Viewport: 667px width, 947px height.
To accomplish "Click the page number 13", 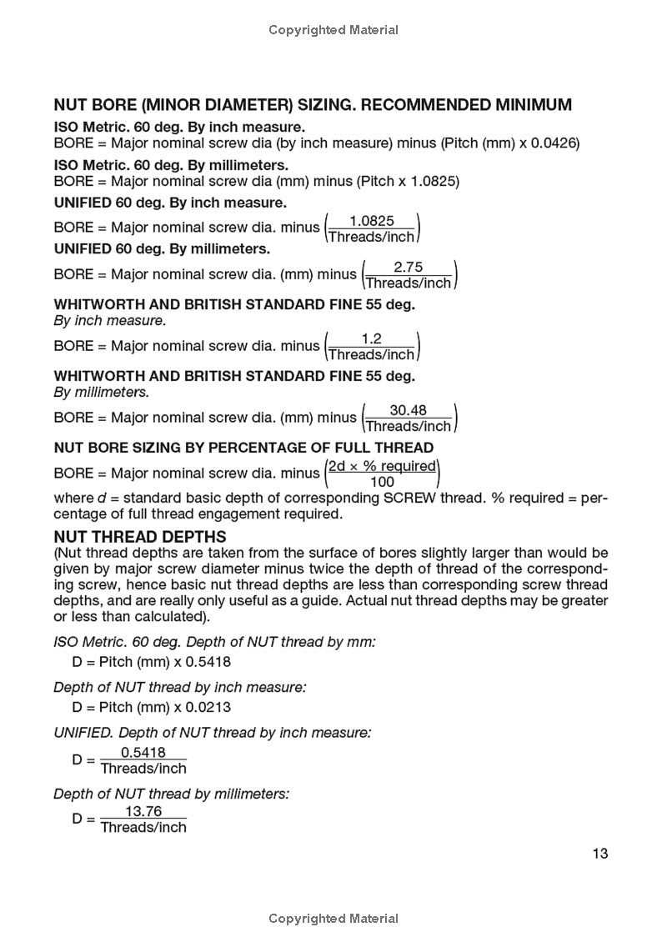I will pyautogui.click(x=600, y=853).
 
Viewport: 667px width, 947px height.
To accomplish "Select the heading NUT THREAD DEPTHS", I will pyautogui.click(x=139, y=538).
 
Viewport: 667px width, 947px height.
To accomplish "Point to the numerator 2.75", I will pyautogui.click(x=408, y=267).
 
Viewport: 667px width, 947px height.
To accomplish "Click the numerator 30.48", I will pyautogui.click(x=409, y=410).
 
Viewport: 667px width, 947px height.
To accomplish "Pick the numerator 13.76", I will pyautogui.click(x=143, y=811).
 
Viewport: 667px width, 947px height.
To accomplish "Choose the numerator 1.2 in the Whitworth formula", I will pyautogui.click(x=371, y=338).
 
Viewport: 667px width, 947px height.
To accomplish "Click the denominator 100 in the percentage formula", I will pyautogui.click(x=382, y=482).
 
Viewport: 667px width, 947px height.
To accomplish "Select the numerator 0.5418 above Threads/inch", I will pyautogui.click(x=143, y=752).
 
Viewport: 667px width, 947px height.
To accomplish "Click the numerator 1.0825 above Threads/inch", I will pyautogui.click(x=371, y=221).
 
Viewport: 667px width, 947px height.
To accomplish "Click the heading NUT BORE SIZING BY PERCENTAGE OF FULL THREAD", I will pyautogui.click(x=243, y=448).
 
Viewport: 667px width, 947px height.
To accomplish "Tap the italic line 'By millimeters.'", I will pyautogui.click(x=102, y=392).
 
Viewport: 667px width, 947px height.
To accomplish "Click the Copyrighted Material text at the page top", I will pyautogui.click(x=333, y=30).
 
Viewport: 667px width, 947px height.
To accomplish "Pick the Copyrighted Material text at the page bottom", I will pyautogui.click(x=333, y=919).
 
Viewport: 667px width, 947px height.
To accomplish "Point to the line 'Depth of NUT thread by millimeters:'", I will pyautogui.click(x=171, y=794).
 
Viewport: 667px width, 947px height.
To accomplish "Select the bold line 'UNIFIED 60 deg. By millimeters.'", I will pyautogui.click(x=162, y=248).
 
